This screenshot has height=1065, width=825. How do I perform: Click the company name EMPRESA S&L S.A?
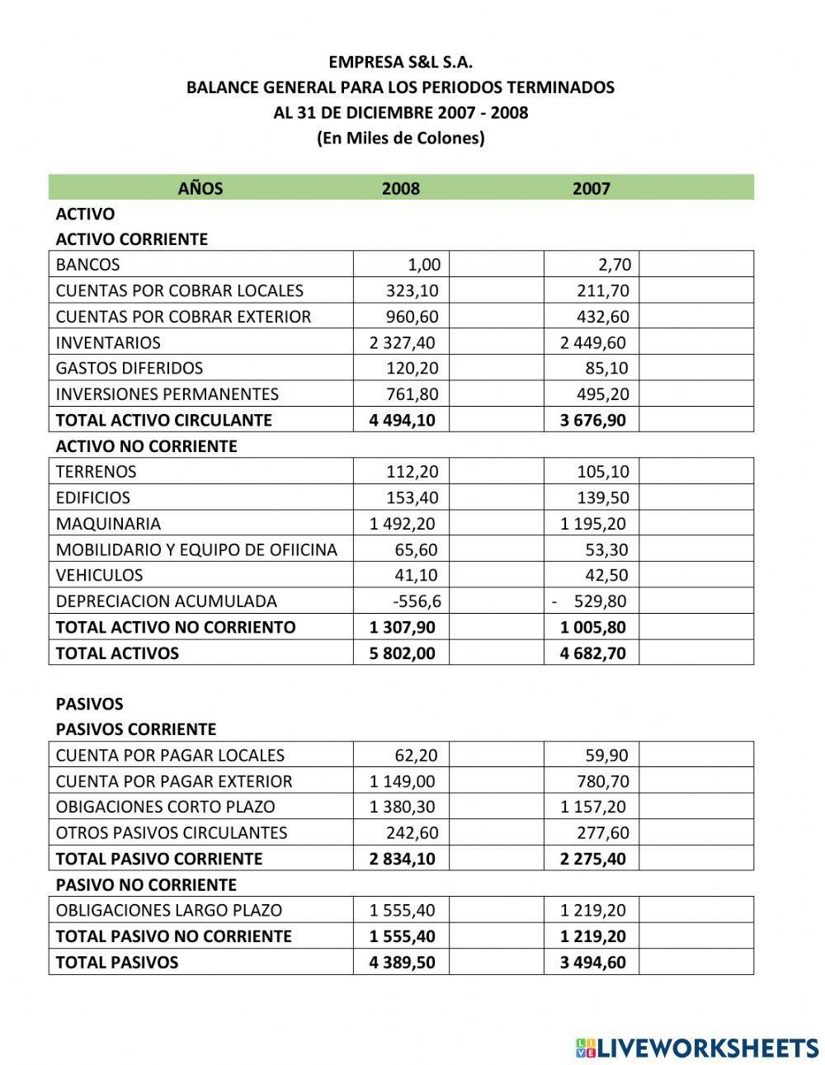[x=400, y=62]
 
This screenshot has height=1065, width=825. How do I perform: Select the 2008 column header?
[x=400, y=188]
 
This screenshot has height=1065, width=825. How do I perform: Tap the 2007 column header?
[x=591, y=188]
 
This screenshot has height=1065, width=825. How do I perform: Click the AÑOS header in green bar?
[x=200, y=188]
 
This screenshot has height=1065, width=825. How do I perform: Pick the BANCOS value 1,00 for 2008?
[x=424, y=265]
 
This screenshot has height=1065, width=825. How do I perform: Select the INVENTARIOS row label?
[x=108, y=342]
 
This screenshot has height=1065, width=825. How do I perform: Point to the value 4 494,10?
[x=403, y=420]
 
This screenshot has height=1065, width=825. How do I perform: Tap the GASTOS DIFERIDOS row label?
[x=129, y=368]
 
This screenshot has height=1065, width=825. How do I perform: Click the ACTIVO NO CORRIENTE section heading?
[x=146, y=446]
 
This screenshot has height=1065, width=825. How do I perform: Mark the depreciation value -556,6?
[x=417, y=601]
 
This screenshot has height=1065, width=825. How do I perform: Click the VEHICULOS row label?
[x=99, y=575]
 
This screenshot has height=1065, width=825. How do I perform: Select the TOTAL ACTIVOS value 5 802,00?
[x=403, y=653]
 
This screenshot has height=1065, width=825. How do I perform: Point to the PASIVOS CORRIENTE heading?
[x=135, y=729]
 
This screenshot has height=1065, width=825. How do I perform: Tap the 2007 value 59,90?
[x=606, y=756]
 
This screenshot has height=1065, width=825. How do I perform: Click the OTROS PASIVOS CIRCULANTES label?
[x=172, y=832]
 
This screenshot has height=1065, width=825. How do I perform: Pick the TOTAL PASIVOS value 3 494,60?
[x=592, y=962]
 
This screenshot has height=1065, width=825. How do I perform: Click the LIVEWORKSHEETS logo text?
[x=706, y=1048]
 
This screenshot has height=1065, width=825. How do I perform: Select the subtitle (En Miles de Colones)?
[x=400, y=138]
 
